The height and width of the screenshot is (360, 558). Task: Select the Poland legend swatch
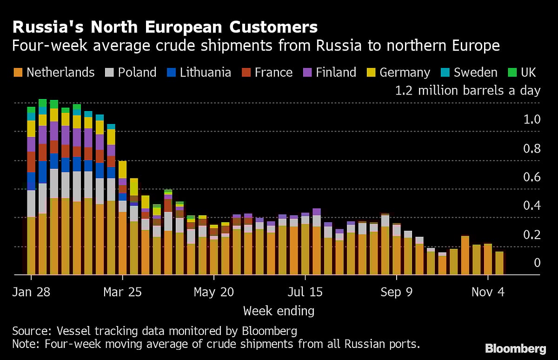coord(110,73)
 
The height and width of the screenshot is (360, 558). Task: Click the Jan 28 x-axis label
coord(31,292)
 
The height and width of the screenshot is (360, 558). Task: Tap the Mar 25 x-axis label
coord(122,292)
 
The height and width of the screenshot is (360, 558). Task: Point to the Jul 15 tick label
coord(305,292)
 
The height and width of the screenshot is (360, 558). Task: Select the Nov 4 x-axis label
coord(488,292)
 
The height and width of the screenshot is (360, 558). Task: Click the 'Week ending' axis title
coord(279,311)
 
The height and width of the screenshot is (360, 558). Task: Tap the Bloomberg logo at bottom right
coord(515,348)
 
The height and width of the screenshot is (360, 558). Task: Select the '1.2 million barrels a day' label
coord(467,90)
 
